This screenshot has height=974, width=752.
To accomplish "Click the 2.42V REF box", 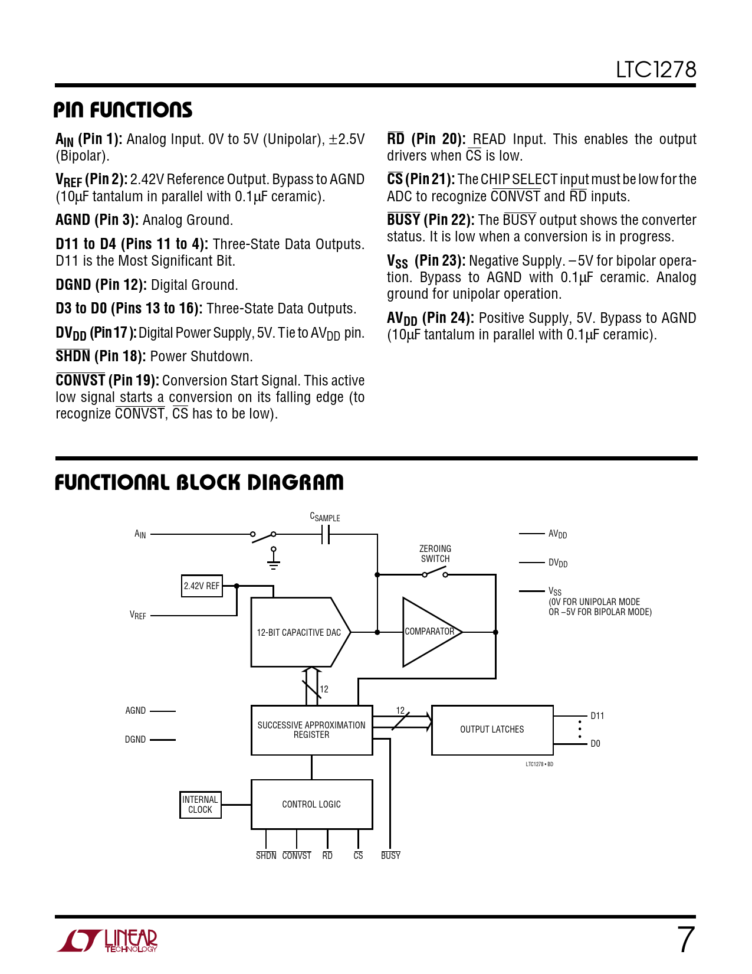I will [x=202, y=586].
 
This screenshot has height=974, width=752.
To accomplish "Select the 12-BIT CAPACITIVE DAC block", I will [x=299, y=632].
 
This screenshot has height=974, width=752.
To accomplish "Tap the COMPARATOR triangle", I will [x=429, y=632].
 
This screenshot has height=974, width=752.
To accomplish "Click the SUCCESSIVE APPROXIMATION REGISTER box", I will [x=311, y=730].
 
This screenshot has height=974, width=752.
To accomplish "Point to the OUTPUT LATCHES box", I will [x=492, y=730].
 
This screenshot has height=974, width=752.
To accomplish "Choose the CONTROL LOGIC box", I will [x=311, y=804].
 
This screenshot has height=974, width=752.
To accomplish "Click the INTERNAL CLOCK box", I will [x=200, y=805].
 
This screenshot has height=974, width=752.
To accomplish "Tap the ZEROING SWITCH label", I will [x=435, y=554].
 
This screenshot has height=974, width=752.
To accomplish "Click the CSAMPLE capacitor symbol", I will [x=326, y=534].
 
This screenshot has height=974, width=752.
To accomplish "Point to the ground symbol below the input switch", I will [x=273, y=561].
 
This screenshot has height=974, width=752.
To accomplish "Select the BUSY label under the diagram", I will [x=390, y=855].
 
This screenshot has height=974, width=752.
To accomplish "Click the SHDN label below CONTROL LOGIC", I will [x=266, y=855].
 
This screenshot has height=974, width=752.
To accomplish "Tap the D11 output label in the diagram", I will [x=597, y=716].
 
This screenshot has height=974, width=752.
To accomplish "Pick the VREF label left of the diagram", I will [x=138, y=615].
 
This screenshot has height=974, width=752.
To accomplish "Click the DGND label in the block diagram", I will [x=135, y=740].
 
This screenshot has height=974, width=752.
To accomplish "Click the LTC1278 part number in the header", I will [x=656, y=70].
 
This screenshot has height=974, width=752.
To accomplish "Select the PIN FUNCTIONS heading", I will [x=123, y=110].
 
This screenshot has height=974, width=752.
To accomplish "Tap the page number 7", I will [x=685, y=940].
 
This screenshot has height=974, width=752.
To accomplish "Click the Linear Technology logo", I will [x=107, y=940].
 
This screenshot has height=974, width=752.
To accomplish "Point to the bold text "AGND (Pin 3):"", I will [x=97, y=220].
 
